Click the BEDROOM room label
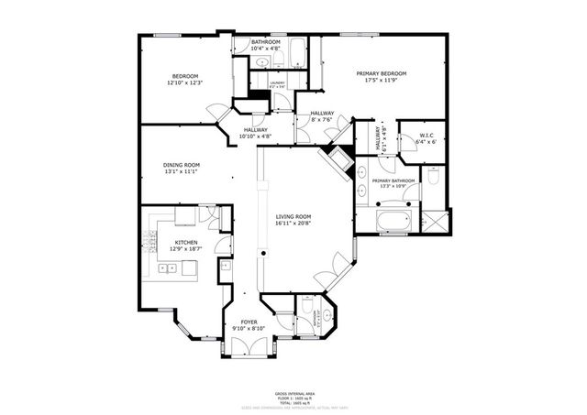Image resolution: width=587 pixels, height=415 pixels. click(183, 76)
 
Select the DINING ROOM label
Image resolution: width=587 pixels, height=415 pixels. click(182, 165)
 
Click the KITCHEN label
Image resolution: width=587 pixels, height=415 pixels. click(186, 243)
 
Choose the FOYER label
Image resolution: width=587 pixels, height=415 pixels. click(249, 322)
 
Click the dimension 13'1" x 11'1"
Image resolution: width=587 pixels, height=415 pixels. click(182, 172)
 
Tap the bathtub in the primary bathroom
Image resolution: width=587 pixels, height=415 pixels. click(395, 220)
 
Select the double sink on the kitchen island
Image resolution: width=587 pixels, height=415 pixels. click(168, 268)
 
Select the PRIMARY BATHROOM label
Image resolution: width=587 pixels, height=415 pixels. click(393, 181)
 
